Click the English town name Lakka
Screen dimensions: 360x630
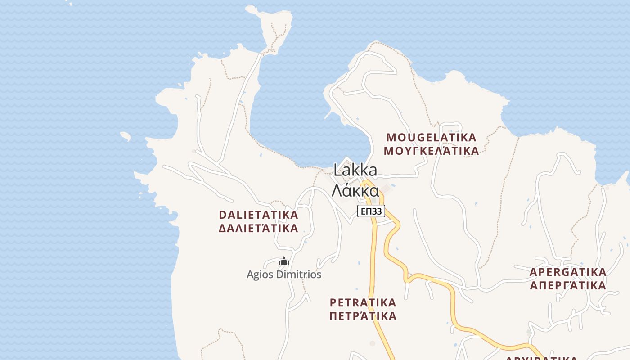[x=355, y=170]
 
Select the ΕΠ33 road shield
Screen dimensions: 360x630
[x=371, y=211]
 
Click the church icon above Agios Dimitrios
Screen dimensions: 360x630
[x=283, y=261]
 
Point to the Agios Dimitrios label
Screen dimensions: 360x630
[x=284, y=274]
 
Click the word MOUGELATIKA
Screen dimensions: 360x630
[x=431, y=137]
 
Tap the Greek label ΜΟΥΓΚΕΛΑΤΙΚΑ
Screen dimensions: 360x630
[x=431, y=151]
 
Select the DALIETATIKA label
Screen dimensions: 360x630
[x=258, y=215]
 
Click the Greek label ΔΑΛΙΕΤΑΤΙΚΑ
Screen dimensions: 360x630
[x=258, y=228]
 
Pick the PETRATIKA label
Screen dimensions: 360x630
[x=363, y=302]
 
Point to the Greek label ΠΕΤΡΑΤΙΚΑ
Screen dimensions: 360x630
[x=363, y=316]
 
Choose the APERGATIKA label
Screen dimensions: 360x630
[x=568, y=272]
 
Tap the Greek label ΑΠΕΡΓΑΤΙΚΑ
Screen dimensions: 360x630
[x=568, y=286]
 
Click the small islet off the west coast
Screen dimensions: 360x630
[x=126, y=135]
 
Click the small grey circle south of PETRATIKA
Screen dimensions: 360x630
[x=372, y=343]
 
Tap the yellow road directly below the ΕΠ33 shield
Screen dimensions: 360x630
[x=373, y=238]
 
